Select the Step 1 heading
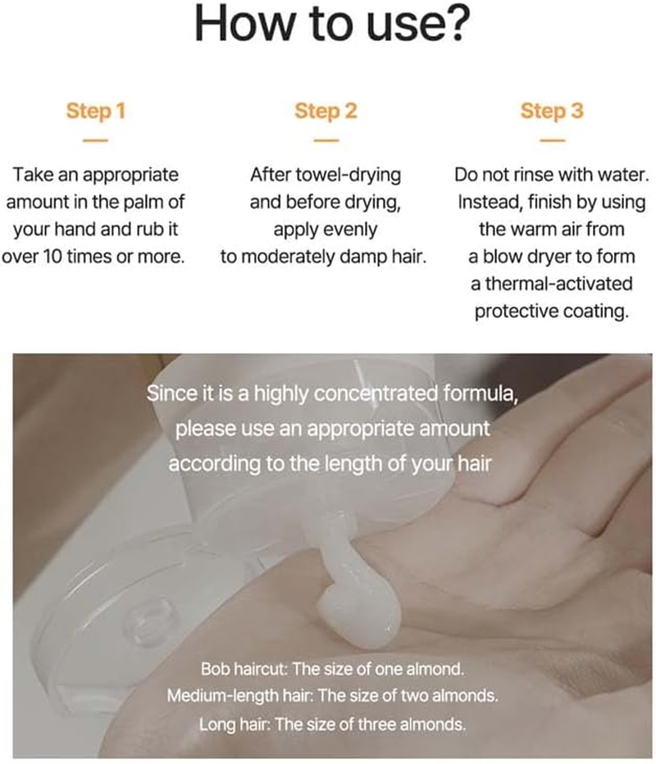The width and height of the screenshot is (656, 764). [95, 111]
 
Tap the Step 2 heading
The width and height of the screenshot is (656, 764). [326, 111]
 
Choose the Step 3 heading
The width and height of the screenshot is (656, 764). [552, 111]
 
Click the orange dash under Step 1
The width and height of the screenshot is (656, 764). [95, 140]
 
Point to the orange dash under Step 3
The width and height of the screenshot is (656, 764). [552, 140]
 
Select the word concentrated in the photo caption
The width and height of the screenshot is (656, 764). [376, 393]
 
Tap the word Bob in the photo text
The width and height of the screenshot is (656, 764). [216, 669]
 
